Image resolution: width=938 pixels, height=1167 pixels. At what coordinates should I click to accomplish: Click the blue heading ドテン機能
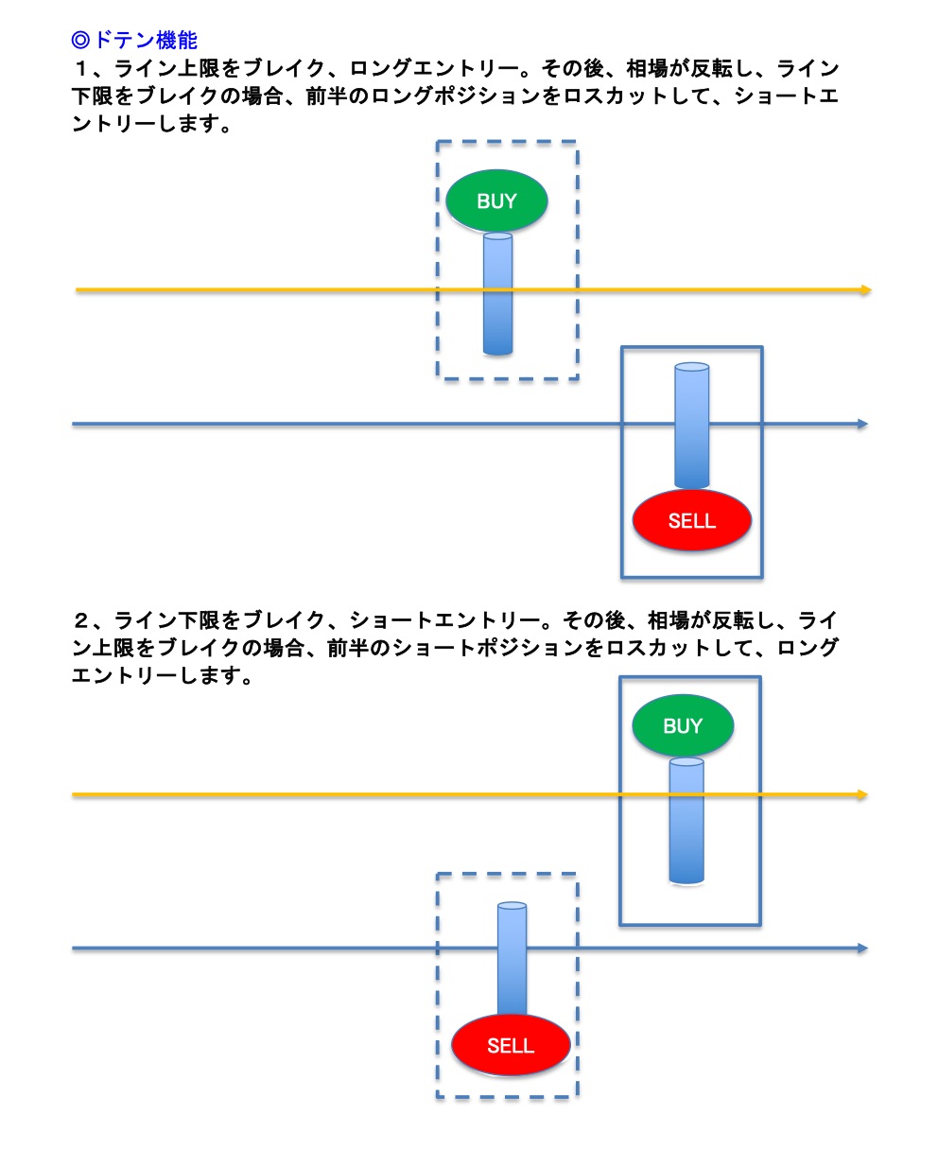tap(146, 40)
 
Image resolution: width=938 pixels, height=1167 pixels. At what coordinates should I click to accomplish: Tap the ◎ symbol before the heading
tap(80, 40)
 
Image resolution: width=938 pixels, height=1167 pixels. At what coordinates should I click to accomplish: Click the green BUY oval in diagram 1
tap(496, 200)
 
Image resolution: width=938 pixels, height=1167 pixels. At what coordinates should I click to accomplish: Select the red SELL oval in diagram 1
tap(691, 520)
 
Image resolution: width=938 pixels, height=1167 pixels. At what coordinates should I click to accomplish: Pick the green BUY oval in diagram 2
tap(683, 725)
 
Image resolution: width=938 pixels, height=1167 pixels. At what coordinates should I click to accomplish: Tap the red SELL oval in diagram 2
tap(511, 1045)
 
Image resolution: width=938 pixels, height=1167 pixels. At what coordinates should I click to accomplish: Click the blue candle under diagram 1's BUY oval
tap(497, 294)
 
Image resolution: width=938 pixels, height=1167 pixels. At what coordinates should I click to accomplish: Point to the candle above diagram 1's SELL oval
tap(691, 426)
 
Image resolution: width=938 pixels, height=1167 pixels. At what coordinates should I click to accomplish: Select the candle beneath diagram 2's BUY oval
tap(686, 821)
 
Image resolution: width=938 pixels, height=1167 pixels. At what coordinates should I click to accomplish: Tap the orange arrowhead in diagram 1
tap(865, 290)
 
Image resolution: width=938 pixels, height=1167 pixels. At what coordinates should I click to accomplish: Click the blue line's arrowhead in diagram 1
tap(862, 425)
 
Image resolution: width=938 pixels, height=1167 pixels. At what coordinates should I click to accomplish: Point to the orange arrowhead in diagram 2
tap(861, 795)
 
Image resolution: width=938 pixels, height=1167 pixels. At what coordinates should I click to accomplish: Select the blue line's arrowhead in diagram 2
tap(862, 949)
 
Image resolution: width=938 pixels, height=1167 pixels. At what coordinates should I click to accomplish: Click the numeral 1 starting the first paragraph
tap(80, 68)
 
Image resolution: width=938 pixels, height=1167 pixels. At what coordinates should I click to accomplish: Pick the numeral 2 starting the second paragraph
tap(81, 620)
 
